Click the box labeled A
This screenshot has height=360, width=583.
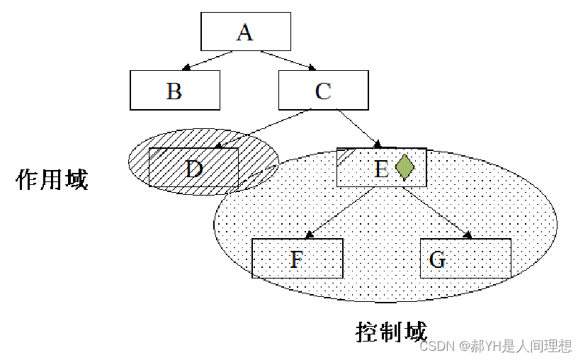[x=245, y=32]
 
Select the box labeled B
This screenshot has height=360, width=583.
[x=174, y=91]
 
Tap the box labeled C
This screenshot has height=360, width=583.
[x=323, y=91]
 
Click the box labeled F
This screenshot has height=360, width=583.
[x=297, y=259]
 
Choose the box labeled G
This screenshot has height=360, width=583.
[x=465, y=259]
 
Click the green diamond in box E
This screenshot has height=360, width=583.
[x=404, y=167]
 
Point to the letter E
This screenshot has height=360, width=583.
[x=381, y=169]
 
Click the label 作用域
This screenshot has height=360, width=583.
[x=52, y=179]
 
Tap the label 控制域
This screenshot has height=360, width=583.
[x=391, y=331]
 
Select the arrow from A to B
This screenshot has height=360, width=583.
[x=211, y=61]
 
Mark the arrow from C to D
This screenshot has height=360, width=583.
[x=264, y=129]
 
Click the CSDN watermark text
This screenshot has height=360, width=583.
[x=495, y=346]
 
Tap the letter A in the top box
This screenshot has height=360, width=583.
[x=245, y=32]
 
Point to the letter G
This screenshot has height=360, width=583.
[x=438, y=259]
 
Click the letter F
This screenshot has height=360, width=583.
[x=297, y=259]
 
